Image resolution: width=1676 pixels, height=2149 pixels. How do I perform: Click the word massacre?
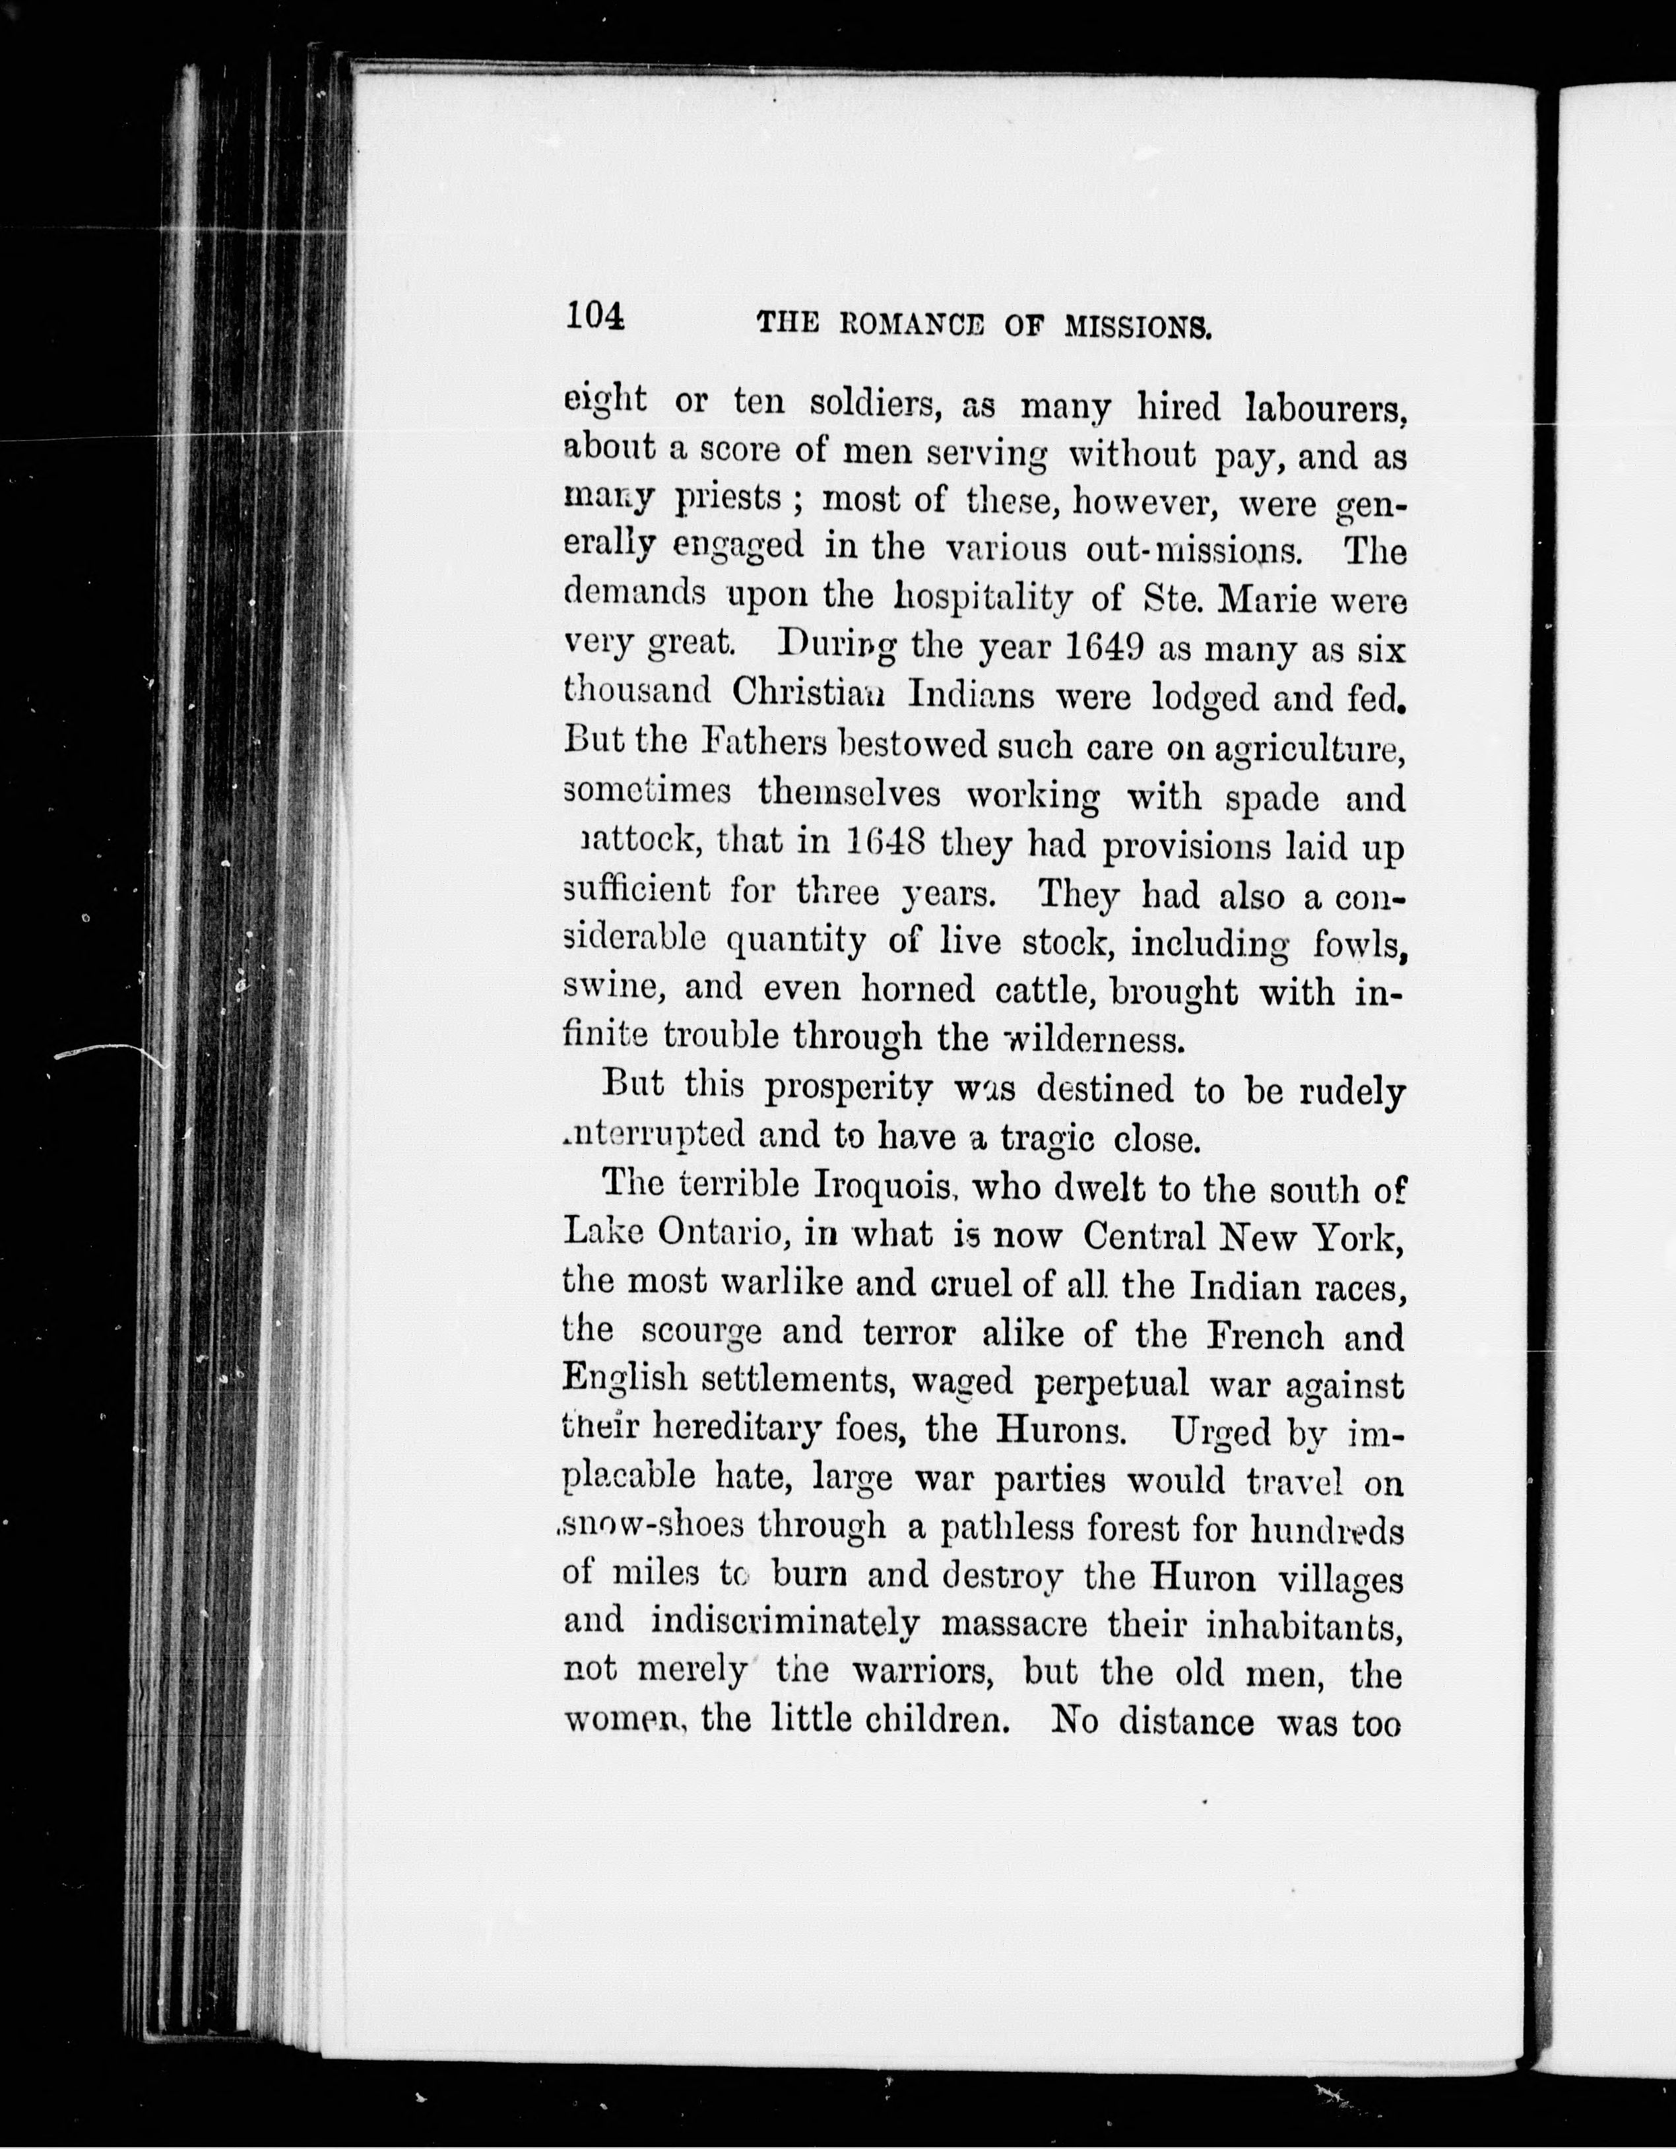1013,1622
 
